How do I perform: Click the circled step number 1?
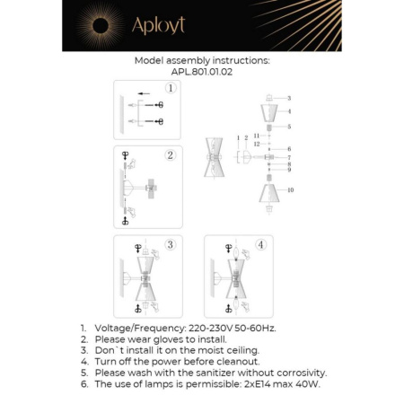171,89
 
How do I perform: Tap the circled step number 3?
171,244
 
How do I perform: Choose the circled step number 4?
261,244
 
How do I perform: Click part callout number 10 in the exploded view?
291,190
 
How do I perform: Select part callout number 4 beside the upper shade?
289,111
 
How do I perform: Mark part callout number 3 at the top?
289,96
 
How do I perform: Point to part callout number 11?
256,136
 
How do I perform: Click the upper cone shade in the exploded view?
269,113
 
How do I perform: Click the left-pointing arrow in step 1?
144,94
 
